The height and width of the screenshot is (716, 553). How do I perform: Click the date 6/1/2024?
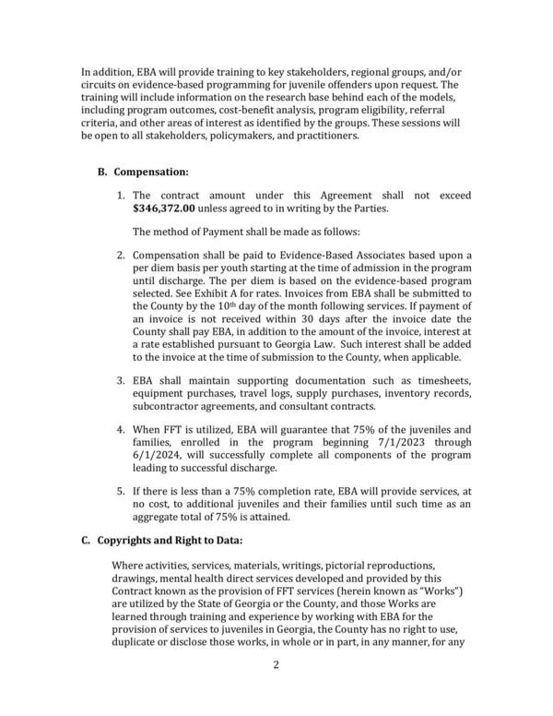click(x=159, y=481)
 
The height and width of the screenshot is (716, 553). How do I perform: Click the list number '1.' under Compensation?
click(x=121, y=197)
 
